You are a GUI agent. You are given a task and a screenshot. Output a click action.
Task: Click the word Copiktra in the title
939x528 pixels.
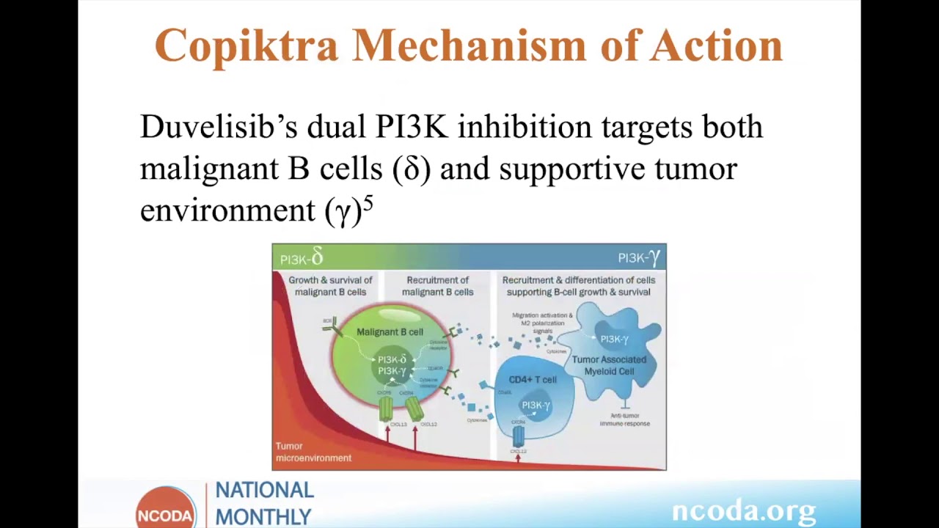(x=246, y=45)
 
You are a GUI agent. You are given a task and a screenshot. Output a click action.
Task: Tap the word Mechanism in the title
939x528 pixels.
(x=469, y=45)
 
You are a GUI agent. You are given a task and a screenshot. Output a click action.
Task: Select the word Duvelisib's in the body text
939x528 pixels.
(x=218, y=127)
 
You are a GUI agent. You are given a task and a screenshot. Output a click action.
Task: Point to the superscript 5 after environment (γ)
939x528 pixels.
(x=368, y=205)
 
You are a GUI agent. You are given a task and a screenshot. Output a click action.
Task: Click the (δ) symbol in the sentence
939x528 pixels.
(x=412, y=169)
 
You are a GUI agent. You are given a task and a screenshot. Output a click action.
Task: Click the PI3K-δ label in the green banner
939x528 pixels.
(x=302, y=257)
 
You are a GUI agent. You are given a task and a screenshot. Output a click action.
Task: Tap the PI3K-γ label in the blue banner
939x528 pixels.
(x=638, y=257)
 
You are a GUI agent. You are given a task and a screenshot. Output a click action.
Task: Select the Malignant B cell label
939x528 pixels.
(x=390, y=332)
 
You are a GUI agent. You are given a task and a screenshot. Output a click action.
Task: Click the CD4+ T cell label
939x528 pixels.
(x=533, y=380)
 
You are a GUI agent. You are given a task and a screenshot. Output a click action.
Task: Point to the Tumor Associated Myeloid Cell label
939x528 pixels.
(x=609, y=365)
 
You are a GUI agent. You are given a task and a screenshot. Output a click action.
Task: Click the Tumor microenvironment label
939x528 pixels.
(x=313, y=452)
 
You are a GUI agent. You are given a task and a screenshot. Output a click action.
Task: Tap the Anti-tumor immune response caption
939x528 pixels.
(x=624, y=419)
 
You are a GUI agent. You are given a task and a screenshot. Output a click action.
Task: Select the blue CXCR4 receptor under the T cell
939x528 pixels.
(x=519, y=436)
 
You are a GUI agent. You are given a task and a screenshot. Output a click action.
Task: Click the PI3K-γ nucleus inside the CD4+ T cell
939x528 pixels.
(x=536, y=406)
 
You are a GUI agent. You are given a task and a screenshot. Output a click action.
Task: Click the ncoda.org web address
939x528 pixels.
(x=743, y=510)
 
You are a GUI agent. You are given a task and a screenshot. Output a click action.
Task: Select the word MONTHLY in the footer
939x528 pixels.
(x=263, y=517)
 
